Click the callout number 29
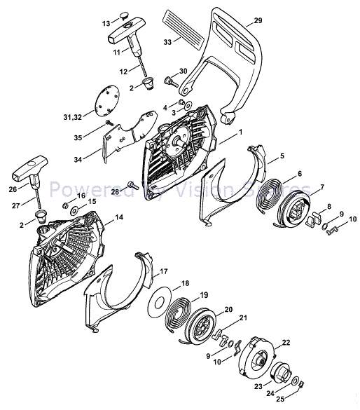click(258, 22)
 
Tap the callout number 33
click(167, 41)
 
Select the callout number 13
click(106, 23)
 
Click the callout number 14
click(119, 219)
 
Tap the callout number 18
click(185, 284)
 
